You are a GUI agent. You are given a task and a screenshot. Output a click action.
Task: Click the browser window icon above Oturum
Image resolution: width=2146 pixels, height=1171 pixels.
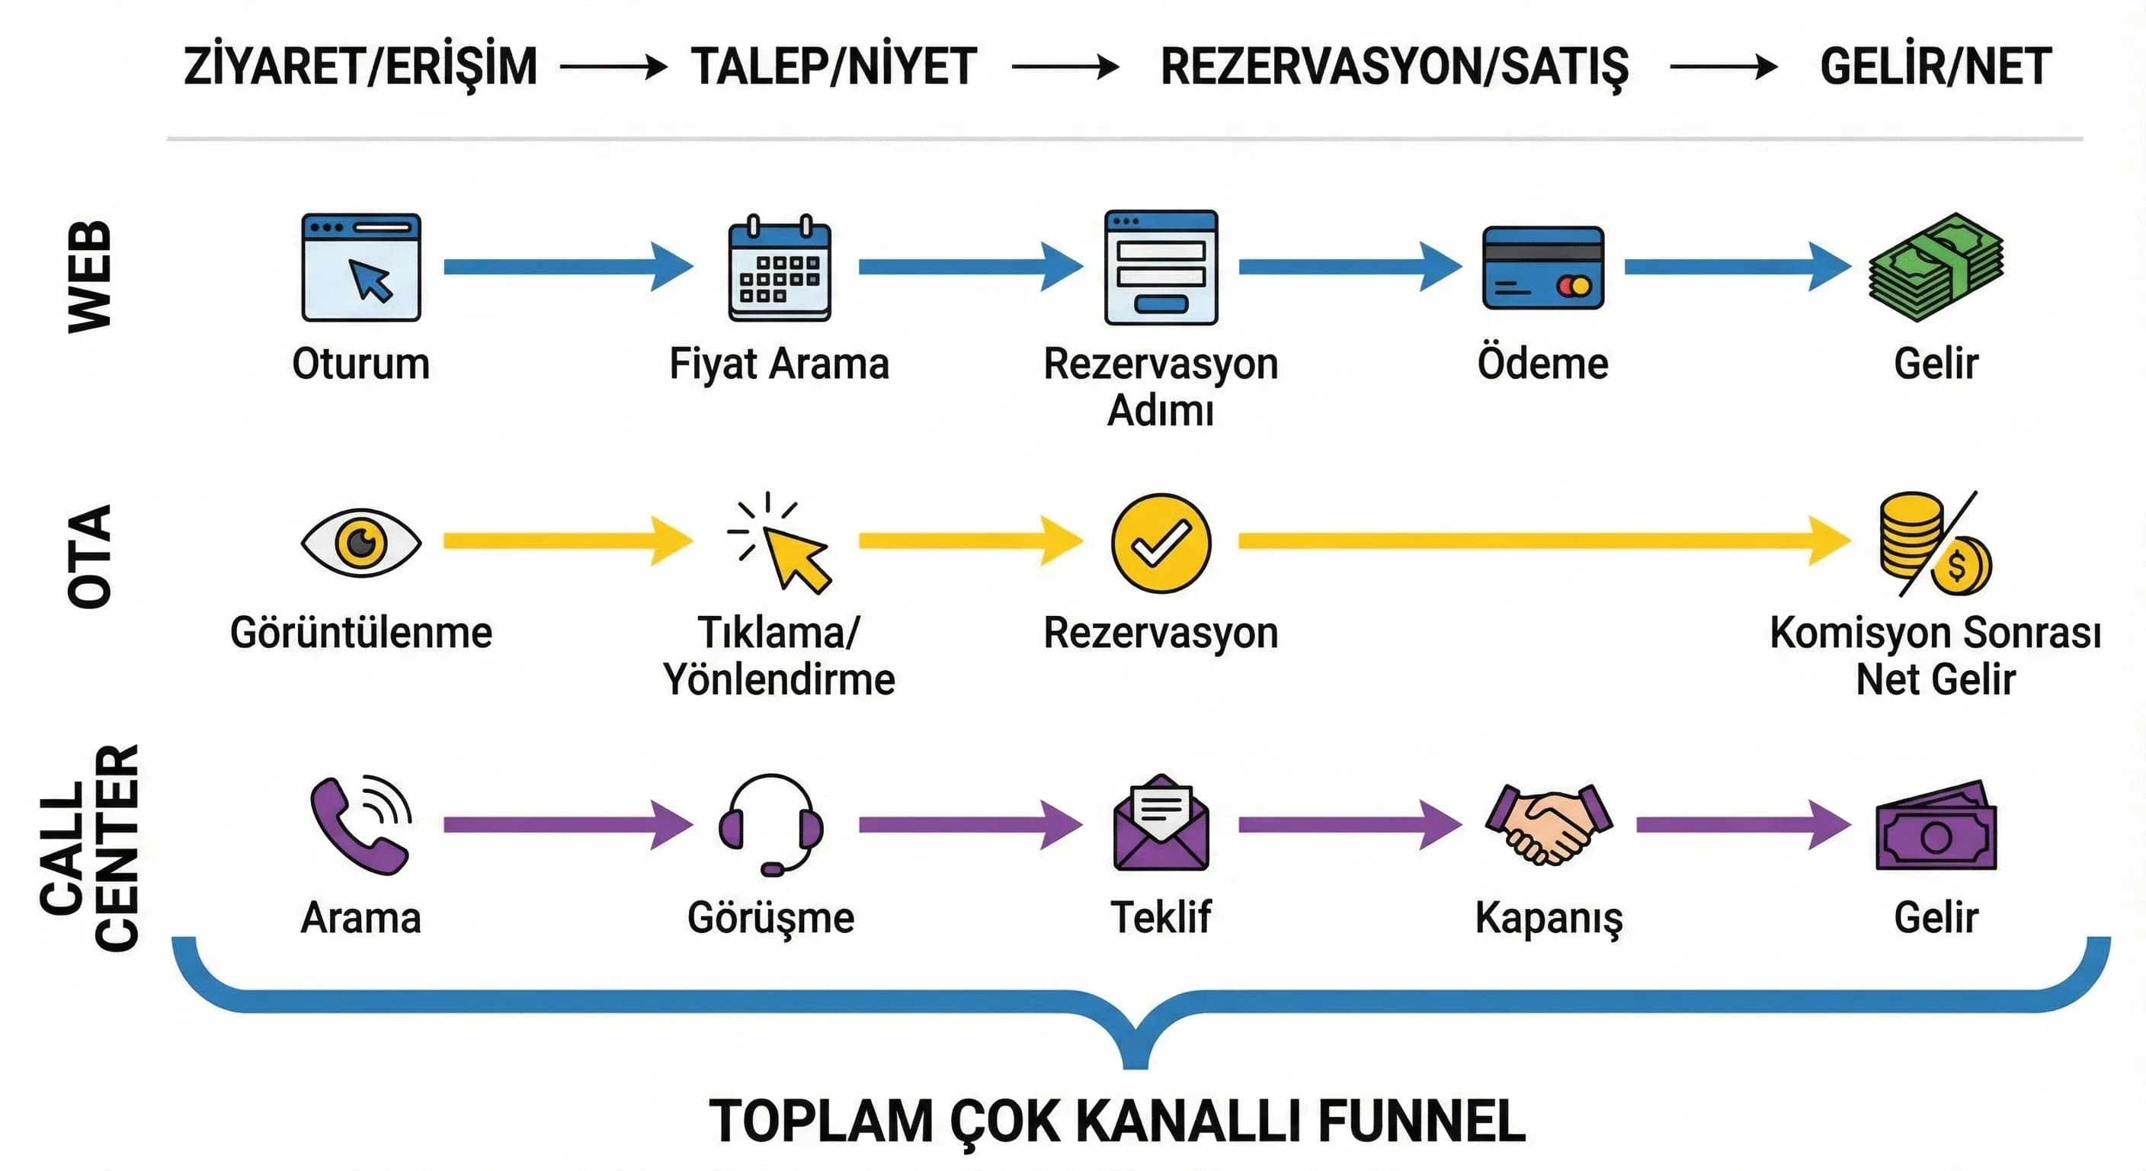coord(360,268)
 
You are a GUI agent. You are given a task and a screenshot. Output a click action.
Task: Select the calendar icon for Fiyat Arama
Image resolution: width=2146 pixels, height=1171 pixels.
coord(779,268)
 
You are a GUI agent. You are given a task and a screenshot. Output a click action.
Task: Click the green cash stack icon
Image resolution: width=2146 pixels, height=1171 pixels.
coord(1935,268)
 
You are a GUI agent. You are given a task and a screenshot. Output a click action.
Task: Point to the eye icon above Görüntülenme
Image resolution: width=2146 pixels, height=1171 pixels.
coord(360,543)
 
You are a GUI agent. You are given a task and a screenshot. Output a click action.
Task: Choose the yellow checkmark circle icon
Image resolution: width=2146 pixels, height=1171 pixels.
coord(1161,544)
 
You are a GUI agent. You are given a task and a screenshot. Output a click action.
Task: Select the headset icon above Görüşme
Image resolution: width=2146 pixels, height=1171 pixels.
coord(770,824)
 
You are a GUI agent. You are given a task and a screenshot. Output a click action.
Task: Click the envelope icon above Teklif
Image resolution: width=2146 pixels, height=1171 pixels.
coord(1161,823)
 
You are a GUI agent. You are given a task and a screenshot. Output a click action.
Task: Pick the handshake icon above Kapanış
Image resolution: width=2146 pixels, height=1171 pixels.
coord(1549,823)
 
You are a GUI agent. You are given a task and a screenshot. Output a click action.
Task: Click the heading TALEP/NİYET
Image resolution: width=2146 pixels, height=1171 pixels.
coord(834,66)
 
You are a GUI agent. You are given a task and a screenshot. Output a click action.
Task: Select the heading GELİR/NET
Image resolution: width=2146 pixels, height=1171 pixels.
coord(1935,66)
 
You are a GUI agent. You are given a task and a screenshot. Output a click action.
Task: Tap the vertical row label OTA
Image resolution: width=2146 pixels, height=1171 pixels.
coord(89,556)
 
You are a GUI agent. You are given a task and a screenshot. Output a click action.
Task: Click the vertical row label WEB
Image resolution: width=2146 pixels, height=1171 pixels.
coord(89,277)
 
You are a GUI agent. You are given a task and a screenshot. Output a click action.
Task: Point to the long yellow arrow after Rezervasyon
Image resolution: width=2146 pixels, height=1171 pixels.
coord(1541,542)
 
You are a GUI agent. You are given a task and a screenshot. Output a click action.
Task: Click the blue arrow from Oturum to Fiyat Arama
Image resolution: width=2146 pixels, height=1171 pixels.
coord(567,267)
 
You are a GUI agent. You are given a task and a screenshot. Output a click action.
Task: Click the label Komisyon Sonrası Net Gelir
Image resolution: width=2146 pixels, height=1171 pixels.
coord(1934,655)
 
